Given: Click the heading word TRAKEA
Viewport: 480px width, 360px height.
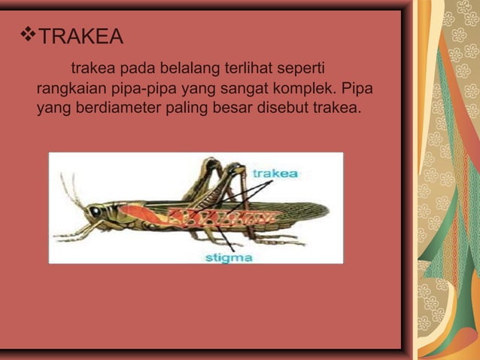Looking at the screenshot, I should tap(81, 35).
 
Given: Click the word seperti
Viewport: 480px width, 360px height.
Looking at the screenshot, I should tap(300, 70).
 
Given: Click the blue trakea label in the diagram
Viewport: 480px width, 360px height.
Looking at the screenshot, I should tap(275, 174).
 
